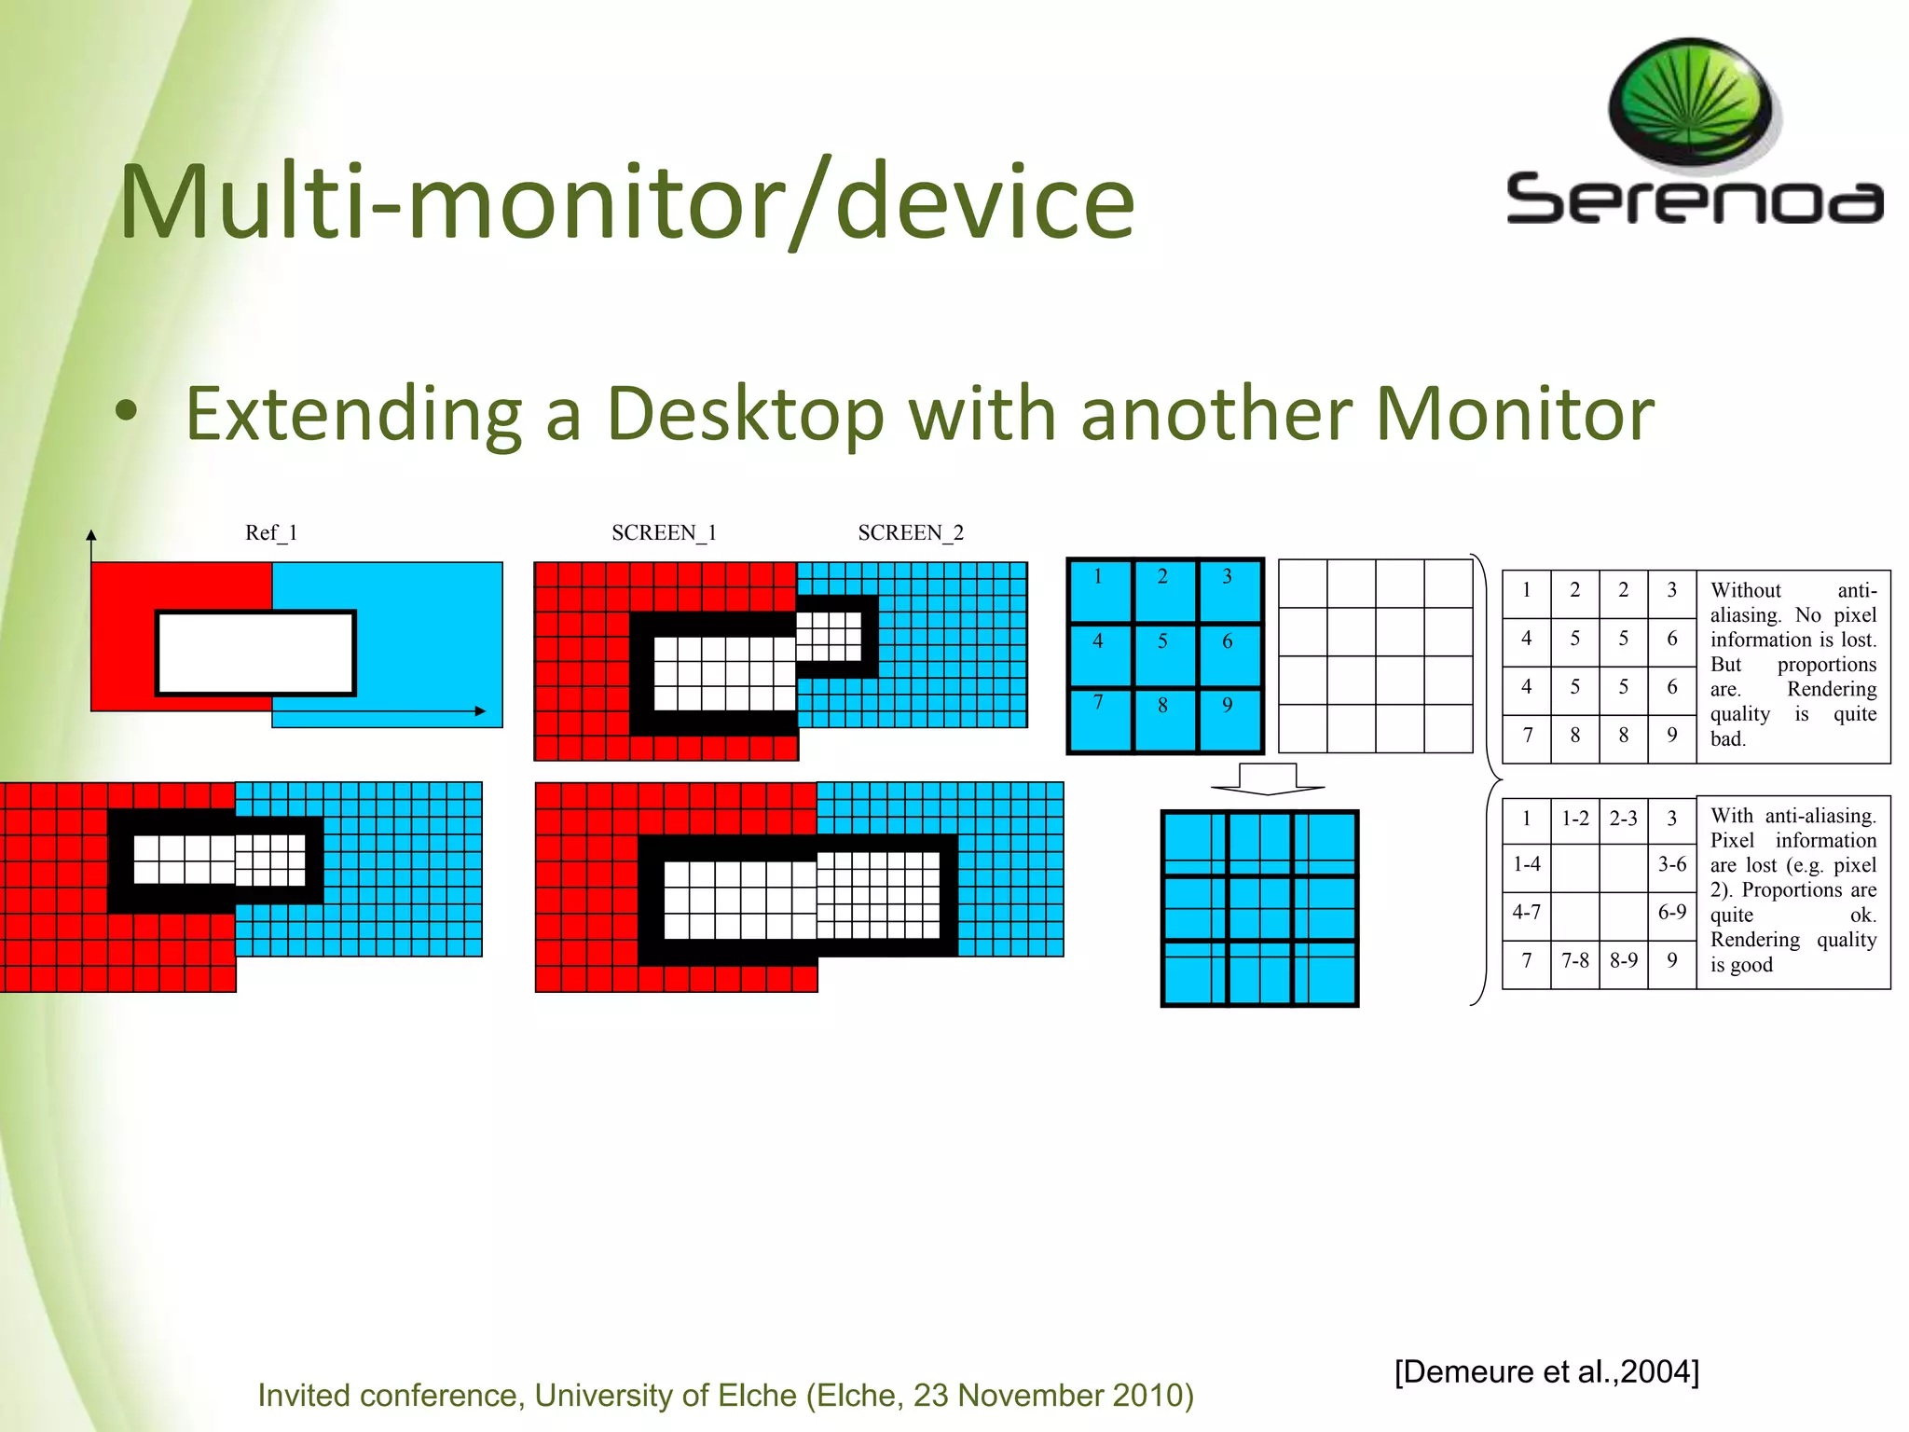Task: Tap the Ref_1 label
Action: (271, 532)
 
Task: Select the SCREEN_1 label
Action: (664, 532)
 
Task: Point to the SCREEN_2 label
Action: (911, 532)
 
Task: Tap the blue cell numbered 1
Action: (1099, 590)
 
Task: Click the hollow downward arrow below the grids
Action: (1268, 778)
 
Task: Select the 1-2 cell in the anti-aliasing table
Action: (1575, 819)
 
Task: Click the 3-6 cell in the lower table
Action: (1672, 864)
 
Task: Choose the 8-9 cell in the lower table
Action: (1624, 960)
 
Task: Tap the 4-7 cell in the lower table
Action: (1527, 912)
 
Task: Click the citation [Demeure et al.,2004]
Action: (1546, 1371)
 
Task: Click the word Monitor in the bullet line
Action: (1515, 413)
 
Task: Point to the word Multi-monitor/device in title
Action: (626, 202)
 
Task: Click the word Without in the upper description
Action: (1745, 590)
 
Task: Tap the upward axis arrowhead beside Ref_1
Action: (91, 535)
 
